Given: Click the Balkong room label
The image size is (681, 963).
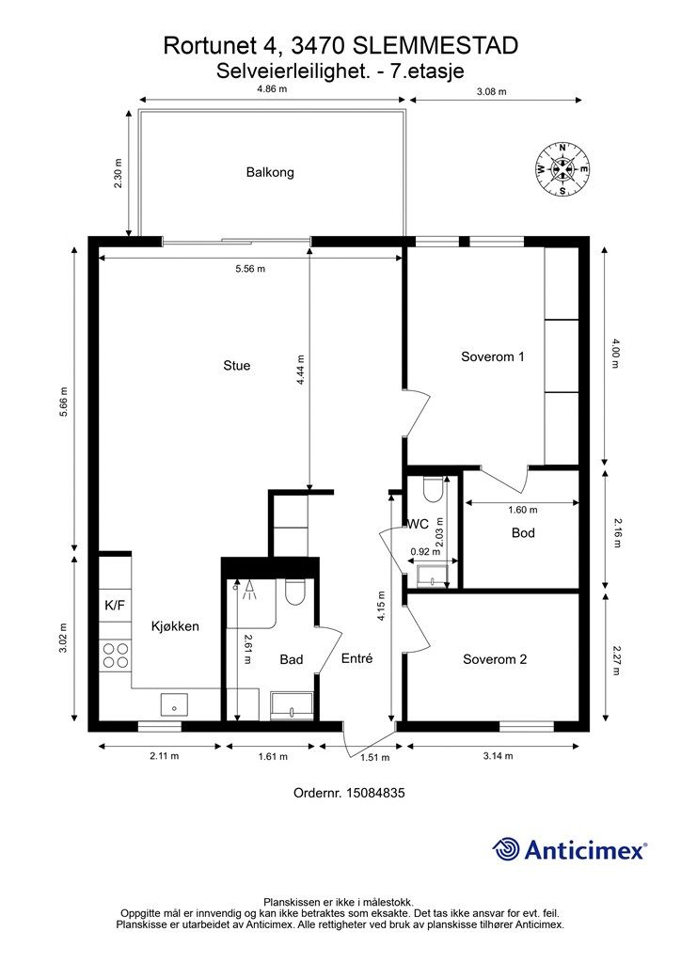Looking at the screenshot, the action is point(270,173).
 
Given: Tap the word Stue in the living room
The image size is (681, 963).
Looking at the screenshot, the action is point(236,366).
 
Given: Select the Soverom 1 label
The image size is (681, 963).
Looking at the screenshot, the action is point(493,356).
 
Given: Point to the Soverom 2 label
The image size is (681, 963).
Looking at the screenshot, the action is point(495,659).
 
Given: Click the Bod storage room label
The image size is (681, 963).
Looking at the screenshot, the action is point(523,532).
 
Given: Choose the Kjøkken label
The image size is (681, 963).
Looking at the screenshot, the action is point(175,626).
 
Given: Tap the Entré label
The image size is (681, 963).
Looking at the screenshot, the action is point(356,658).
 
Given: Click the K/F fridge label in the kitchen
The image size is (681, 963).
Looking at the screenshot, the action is point(115,606).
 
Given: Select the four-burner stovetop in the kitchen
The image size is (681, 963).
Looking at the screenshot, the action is point(116,655).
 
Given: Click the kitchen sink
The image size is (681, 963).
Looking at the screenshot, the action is point(174,704).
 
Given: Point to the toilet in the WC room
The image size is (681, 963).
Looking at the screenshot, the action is point(433,489).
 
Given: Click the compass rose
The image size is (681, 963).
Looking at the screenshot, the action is point(562,169).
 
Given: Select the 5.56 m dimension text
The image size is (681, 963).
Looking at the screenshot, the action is point(250,268).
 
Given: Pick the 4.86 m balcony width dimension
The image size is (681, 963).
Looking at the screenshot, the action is point(272,88).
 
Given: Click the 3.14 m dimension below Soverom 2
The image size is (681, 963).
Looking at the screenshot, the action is point(498,755).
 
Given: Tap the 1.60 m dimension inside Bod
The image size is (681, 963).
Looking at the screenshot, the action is point(523,510).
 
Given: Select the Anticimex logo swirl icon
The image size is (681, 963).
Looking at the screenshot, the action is point(506,849).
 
